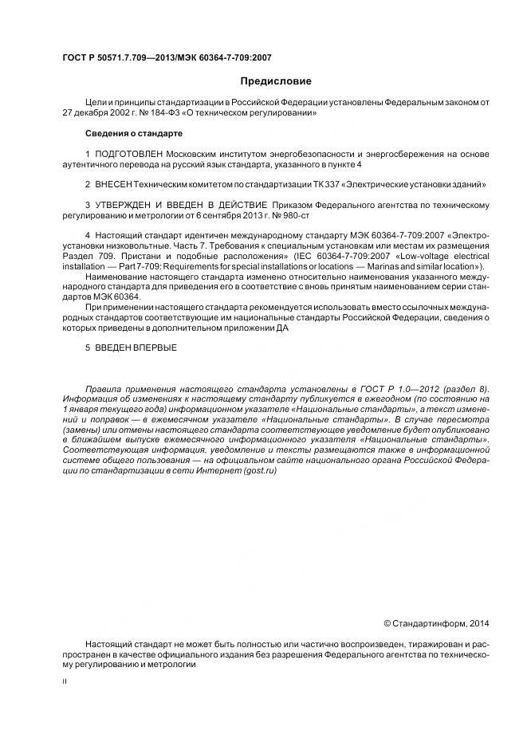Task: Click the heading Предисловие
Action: (x=276, y=81)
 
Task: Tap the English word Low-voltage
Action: (x=417, y=256)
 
